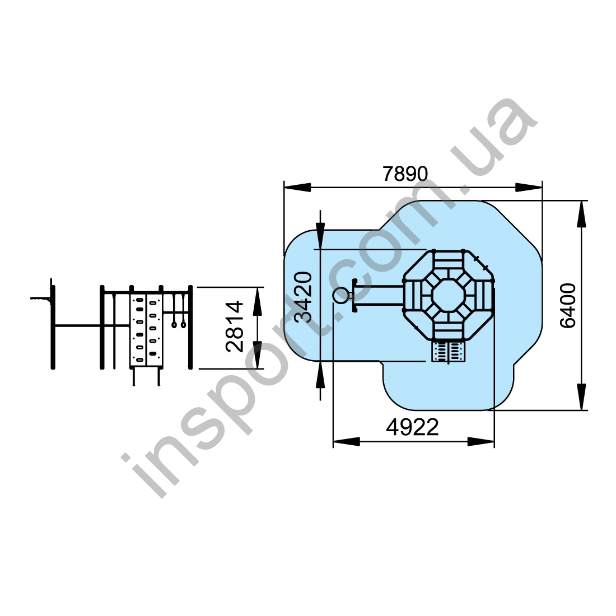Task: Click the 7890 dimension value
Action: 405,174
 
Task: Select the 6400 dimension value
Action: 568,305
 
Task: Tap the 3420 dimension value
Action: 304,297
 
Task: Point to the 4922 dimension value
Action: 412,427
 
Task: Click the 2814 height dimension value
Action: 235,326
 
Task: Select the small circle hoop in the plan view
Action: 340,296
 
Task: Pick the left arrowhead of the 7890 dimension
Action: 297,188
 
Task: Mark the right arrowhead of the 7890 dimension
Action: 529,188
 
